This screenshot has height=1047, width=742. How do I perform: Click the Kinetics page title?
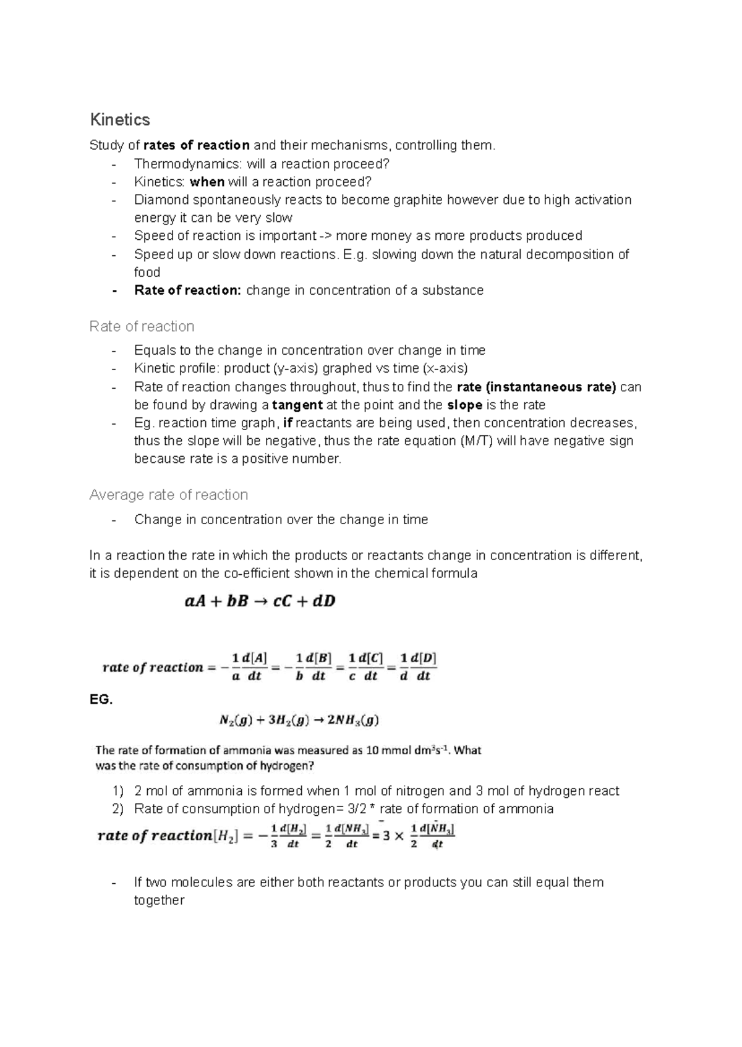[119, 119]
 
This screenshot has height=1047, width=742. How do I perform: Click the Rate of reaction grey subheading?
[142, 326]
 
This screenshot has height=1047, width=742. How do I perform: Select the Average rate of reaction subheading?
[168, 495]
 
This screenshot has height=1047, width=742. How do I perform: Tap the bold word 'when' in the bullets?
[207, 182]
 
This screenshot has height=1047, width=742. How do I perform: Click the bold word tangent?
[297, 405]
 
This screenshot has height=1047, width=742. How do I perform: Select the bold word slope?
[464, 405]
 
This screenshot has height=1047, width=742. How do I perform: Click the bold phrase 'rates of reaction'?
[197, 145]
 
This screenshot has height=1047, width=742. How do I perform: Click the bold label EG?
[101, 700]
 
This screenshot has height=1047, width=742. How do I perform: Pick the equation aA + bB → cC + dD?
[260, 601]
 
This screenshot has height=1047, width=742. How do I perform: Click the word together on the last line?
[159, 901]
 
